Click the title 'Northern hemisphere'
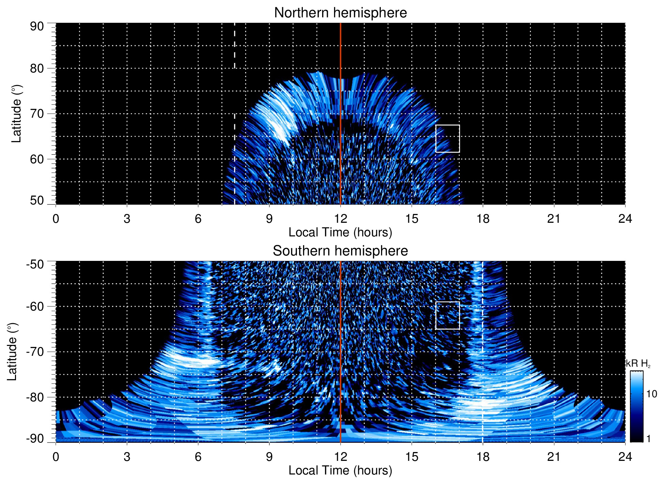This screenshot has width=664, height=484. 340,13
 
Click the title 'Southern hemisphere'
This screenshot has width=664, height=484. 340,251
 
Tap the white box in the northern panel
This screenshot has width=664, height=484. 447,138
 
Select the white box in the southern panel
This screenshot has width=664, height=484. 447,315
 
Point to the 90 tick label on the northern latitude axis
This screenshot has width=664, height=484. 37,27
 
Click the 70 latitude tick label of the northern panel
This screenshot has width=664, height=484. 37,114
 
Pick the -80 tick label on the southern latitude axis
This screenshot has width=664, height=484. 35,397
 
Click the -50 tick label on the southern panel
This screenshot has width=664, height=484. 35,264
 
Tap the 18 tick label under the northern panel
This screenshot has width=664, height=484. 483,219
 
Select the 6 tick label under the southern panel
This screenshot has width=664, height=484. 198,457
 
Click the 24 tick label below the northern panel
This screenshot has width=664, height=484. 625,219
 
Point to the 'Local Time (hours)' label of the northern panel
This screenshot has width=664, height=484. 340,232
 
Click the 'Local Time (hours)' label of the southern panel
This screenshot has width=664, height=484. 340,470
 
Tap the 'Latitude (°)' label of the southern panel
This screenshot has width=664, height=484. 12,352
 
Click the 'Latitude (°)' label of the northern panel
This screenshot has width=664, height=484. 16,114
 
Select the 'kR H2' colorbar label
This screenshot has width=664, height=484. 638,364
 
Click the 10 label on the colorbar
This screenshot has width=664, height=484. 651,394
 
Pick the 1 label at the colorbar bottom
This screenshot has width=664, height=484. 648,438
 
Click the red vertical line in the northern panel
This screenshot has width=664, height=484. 341,51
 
